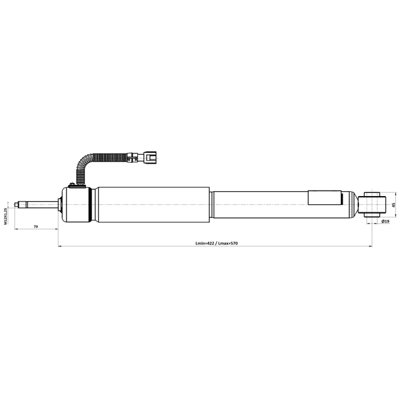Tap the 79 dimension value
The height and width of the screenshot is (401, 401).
tap(36, 226)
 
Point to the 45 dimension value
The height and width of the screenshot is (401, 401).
tap(393, 205)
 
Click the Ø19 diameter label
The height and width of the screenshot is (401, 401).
tap(385, 221)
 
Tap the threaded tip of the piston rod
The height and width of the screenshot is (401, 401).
tap(21, 204)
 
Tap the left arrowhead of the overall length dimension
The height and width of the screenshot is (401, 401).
tap(60, 246)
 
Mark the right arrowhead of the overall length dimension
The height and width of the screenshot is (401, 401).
tap(370, 246)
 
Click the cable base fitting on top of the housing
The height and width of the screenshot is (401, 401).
tap(78, 183)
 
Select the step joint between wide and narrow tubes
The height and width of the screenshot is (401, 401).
tap(211, 204)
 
